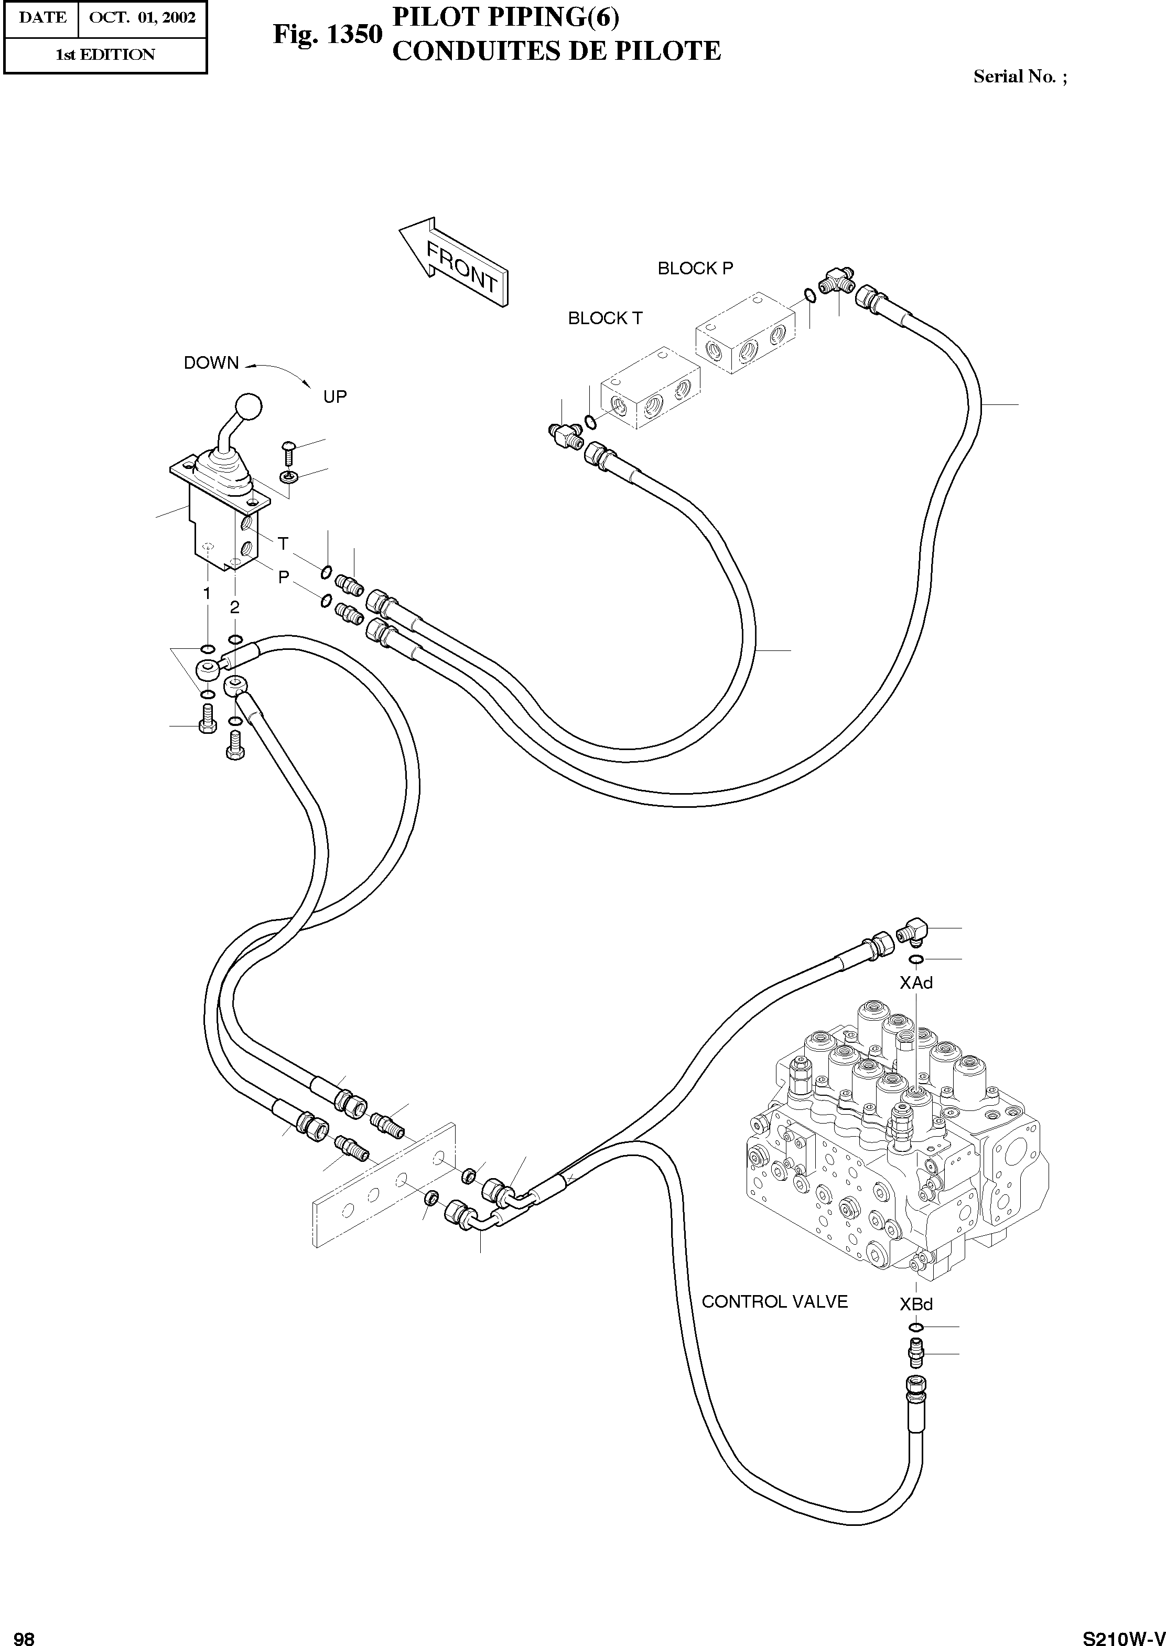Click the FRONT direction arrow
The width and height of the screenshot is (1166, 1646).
pyautogui.click(x=453, y=263)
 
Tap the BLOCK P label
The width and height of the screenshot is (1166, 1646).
pyautogui.click(x=695, y=269)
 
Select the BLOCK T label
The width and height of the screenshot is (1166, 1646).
pyautogui.click(x=604, y=318)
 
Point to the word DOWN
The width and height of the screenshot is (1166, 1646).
pyautogui.click(x=211, y=364)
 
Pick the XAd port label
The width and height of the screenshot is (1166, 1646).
pyautogui.click(x=915, y=983)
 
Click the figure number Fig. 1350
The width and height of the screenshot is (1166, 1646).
pyautogui.click(x=327, y=35)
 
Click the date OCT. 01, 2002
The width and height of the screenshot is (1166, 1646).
pyautogui.click(x=142, y=18)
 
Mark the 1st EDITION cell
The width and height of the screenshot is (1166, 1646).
pyautogui.click(x=105, y=55)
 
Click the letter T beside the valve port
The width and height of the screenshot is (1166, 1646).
pyautogui.click(x=283, y=543)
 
